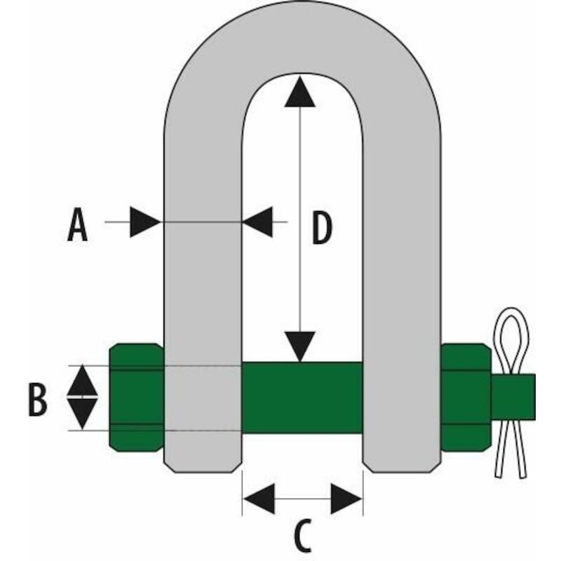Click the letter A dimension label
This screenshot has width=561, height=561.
77,224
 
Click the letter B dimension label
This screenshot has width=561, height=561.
38,399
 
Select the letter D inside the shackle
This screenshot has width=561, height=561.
322,228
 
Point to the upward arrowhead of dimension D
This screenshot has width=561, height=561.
300,92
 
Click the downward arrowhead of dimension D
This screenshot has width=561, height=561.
300,346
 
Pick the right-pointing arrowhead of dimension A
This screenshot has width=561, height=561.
144,222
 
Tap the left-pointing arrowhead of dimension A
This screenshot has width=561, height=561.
257,222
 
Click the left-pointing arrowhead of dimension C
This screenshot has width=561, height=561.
259,499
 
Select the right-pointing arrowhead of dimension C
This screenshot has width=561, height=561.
346,499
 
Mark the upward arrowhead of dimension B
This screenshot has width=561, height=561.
82,380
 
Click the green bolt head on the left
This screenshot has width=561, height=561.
137,397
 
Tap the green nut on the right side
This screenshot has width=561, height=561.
466,397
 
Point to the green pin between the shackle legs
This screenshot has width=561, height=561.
302,398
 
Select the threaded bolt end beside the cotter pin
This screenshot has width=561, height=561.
513,397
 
